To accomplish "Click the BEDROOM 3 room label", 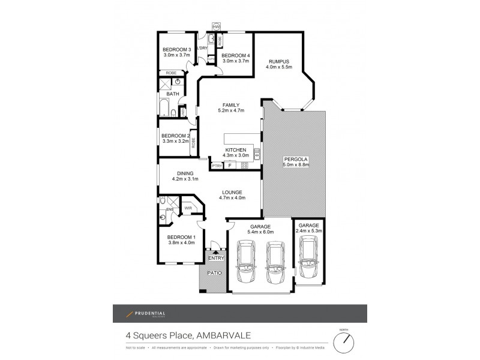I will pos(176,49).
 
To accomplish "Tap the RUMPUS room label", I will pos(279,60).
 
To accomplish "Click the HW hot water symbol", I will pos(216,27).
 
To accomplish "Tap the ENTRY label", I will pos(216,258).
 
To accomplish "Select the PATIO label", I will pos(215,273).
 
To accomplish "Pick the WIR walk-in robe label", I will pos(188,208).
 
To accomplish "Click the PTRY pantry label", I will pos(216,166).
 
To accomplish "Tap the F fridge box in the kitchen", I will pos(229,166).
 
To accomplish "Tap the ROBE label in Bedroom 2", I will pos(193,143).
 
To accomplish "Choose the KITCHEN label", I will pos(236,149).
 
